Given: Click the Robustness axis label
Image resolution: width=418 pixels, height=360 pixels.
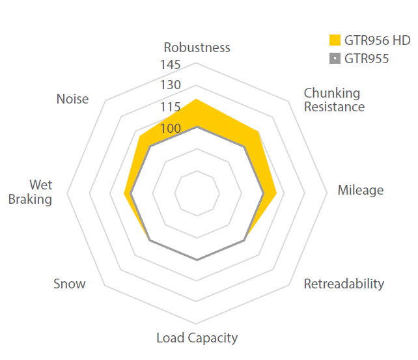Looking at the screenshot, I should pyautogui.click(x=197, y=48).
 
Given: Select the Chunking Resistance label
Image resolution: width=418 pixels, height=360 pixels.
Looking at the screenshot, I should pyautogui.click(x=334, y=100).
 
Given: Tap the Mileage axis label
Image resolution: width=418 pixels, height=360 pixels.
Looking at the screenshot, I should pyautogui.click(x=360, y=191).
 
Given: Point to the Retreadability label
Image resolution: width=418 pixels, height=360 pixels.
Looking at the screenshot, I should pyautogui.click(x=344, y=284).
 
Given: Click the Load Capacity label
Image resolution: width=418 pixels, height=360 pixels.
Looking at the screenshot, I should pyautogui.click(x=197, y=338).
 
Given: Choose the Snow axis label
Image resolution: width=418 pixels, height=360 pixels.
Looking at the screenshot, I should pyautogui.click(x=69, y=284).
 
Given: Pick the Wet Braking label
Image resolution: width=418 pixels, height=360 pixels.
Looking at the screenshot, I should pyautogui.click(x=31, y=192).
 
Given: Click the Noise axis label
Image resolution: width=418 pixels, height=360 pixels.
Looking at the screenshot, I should pyautogui.click(x=72, y=99).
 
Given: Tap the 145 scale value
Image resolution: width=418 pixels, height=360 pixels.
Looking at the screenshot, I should pyautogui.click(x=170, y=66).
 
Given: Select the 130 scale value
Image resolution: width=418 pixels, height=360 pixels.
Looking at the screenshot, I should pyautogui.click(x=170, y=85).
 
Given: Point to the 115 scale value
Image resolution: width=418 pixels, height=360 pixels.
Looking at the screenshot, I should pyautogui.click(x=170, y=107).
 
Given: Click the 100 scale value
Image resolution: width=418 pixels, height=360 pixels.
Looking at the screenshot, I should pyautogui.click(x=170, y=129).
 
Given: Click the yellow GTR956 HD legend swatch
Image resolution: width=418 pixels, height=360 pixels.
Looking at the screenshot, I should pyautogui.click(x=335, y=40).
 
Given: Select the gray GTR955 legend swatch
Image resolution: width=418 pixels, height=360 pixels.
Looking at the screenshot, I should pyautogui.click(x=335, y=59).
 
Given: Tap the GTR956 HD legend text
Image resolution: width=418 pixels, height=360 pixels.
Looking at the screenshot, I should pyautogui.click(x=378, y=40).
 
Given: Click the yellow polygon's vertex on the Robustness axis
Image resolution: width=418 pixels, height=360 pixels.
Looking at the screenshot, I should pyautogui.click(x=197, y=99).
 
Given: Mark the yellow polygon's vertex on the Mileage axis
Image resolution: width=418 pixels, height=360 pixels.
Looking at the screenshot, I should pyautogui.click(x=277, y=193).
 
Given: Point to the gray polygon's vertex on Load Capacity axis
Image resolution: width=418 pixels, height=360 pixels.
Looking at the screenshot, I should pyautogui.click(x=197, y=260).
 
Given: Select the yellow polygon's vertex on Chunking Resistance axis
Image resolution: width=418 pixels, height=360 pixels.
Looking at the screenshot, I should pyautogui.click(x=258, y=132).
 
